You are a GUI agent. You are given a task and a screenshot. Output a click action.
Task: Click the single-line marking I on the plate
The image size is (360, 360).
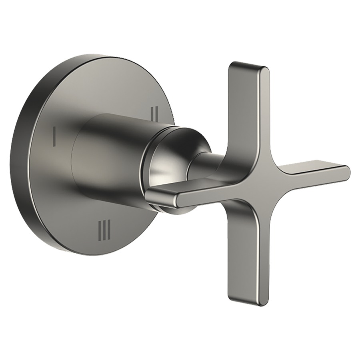pos(54,136)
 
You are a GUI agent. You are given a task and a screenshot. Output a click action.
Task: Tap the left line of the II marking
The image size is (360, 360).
pos(152,114)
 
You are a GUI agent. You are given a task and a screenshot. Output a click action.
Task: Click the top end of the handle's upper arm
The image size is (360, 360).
pos(249,64)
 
